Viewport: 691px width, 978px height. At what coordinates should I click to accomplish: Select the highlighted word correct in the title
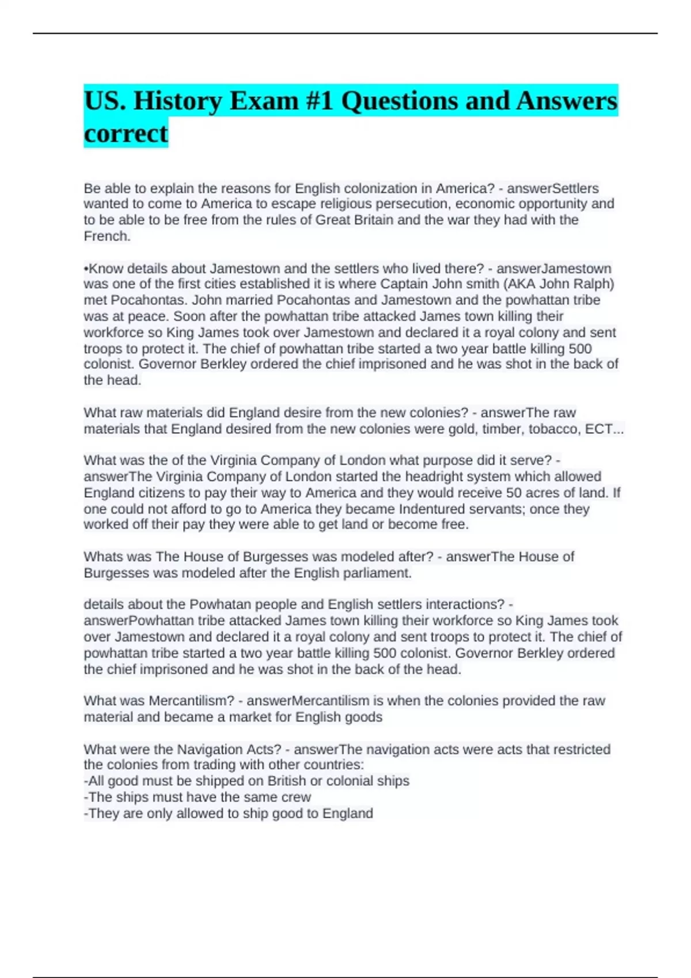(x=126, y=133)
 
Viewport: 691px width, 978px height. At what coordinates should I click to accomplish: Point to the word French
(x=106, y=236)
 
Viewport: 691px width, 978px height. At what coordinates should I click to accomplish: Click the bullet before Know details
(x=86, y=269)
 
